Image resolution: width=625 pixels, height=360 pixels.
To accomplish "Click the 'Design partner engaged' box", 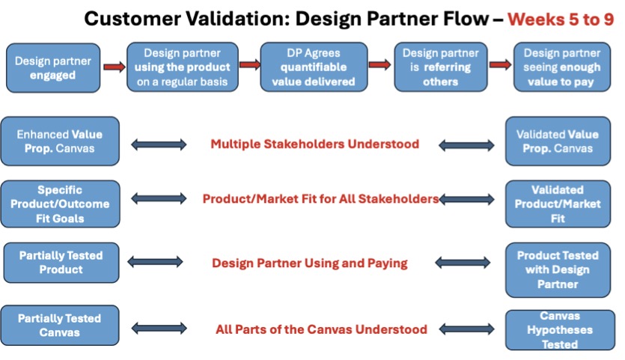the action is click(53, 68).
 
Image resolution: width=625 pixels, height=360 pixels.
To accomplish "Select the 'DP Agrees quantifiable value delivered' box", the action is click(314, 67).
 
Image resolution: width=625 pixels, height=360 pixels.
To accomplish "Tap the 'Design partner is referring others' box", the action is click(440, 67).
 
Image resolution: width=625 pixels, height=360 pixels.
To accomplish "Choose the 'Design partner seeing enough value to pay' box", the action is click(561, 67).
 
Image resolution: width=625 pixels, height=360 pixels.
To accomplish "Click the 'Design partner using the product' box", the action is click(183, 67).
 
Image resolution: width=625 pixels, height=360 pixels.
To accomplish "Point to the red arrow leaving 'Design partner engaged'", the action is click(114, 67).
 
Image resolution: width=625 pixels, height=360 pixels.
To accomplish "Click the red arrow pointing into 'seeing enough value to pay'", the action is click(500, 64).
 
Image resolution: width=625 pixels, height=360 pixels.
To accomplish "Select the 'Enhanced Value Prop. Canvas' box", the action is click(60, 141).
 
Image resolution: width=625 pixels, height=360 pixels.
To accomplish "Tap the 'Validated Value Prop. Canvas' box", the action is click(558, 141).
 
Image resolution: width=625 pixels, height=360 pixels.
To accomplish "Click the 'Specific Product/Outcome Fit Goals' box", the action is click(60, 204).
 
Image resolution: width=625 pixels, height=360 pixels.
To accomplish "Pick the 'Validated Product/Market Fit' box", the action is click(558, 204).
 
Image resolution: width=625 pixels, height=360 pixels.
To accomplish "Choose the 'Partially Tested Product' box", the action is click(61, 262).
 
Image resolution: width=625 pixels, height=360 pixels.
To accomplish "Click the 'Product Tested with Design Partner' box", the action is click(558, 270).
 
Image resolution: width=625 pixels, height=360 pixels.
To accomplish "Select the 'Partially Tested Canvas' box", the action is click(60, 326).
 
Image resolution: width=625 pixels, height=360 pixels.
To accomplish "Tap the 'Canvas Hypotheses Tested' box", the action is click(560, 330).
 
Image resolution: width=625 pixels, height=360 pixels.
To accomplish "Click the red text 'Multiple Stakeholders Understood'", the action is click(315, 144).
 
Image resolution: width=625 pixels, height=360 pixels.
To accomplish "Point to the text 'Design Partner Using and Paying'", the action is click(310, 263).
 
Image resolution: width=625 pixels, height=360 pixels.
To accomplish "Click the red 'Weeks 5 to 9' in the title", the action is click(561, 19).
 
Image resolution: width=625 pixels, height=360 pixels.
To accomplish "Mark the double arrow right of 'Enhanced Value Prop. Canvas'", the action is click(159, 144).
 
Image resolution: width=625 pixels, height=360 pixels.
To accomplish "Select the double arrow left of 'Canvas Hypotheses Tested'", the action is click(466, 329).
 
